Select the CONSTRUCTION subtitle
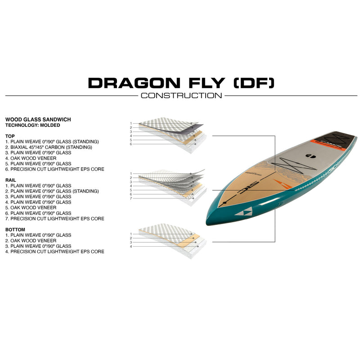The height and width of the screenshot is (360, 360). [x=181, y=95]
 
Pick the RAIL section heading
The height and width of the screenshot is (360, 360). [x=10, y=180]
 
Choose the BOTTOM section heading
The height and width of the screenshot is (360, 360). [x=15, y=229]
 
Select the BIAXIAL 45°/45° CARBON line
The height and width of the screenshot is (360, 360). [x=49, y=147]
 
